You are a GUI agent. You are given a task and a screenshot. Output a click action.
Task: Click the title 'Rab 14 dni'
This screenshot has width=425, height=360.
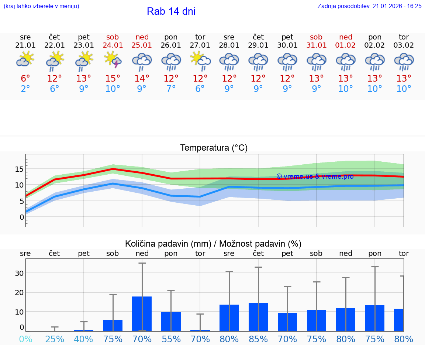coord(171,11)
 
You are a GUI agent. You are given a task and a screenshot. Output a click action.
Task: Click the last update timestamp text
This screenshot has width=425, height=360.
coord(369,6)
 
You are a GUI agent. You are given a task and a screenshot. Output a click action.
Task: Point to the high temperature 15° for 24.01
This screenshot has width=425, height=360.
coord(113,78)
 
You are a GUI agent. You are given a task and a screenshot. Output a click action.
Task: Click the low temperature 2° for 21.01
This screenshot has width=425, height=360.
coord(25,89)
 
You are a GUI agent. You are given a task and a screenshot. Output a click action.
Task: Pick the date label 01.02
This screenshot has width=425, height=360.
coord(346,45)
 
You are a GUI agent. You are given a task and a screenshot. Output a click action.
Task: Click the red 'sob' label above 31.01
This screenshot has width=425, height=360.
coord(316,37)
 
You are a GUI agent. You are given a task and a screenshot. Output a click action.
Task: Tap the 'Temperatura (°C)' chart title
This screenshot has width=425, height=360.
coord(214,148)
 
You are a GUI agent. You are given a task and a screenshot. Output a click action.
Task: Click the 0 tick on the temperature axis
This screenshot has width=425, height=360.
coord(21,217)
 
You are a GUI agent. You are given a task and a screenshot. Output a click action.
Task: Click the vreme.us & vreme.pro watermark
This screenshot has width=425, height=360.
coord(315,176)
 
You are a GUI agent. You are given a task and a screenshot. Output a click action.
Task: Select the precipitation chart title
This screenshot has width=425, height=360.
coord(213,244)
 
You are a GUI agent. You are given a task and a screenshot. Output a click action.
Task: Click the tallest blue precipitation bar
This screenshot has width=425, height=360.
coord(142,313)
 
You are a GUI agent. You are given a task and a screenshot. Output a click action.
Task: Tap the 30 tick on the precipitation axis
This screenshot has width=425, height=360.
coord(19,273)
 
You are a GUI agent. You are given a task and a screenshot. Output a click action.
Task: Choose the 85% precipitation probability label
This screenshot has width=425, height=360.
coord(258,339)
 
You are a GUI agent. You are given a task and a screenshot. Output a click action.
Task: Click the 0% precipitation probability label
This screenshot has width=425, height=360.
coord(25,339)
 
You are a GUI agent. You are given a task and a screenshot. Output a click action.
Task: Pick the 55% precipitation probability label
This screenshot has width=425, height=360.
coord(171,339)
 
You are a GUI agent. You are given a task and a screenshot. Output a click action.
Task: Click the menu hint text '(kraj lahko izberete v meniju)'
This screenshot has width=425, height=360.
coord(41,6)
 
